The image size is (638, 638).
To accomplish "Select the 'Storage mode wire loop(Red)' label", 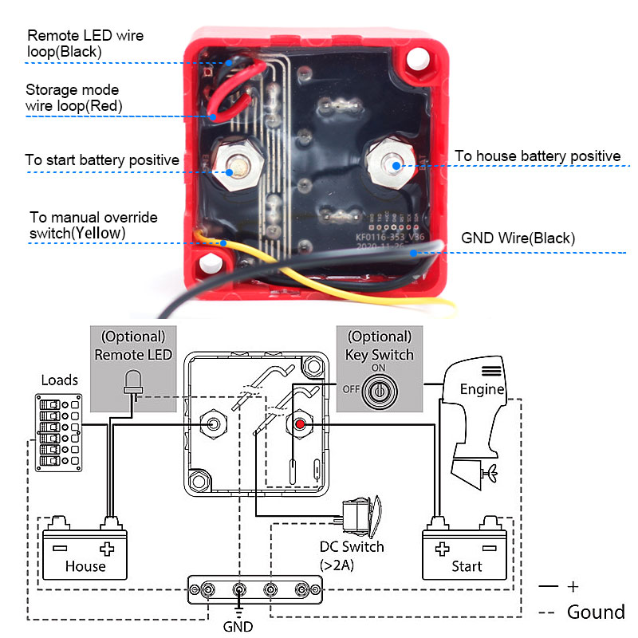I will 74,97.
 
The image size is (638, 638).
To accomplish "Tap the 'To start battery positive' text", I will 102,160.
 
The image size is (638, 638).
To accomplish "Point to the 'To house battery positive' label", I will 538,156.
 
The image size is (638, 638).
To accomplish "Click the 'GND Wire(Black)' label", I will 518,238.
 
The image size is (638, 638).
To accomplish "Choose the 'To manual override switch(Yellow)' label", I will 93,225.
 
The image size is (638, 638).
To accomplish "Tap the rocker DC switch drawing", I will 364,517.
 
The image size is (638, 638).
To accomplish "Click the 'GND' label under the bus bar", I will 238,626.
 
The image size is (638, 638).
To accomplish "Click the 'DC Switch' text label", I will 352,547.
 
